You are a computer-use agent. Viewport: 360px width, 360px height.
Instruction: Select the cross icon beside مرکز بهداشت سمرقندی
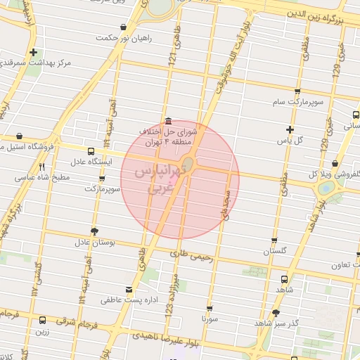(33, 53)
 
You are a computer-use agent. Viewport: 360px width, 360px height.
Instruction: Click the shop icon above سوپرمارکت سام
(297, 91)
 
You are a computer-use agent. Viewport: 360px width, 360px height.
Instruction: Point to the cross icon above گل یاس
(290, 129)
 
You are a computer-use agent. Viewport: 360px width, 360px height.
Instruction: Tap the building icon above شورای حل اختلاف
(166, 119)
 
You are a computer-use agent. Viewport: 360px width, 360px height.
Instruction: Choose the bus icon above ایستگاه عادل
(91, 151)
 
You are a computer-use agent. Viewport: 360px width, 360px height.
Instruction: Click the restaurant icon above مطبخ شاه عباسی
(42, 167)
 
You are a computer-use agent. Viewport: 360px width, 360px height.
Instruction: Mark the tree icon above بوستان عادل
(95, 231)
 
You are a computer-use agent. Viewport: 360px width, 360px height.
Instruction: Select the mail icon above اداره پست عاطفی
(127, 289)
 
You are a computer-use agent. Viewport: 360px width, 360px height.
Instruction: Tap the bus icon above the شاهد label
(285, 278)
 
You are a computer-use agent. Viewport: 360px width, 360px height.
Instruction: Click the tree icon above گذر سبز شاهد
(276, 311)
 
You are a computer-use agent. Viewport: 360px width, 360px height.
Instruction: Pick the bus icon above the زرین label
(42, 321)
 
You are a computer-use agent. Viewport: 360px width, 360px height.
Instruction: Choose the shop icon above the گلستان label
(274, 240)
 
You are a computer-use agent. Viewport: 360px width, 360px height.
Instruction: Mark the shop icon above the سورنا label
(210, 308)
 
